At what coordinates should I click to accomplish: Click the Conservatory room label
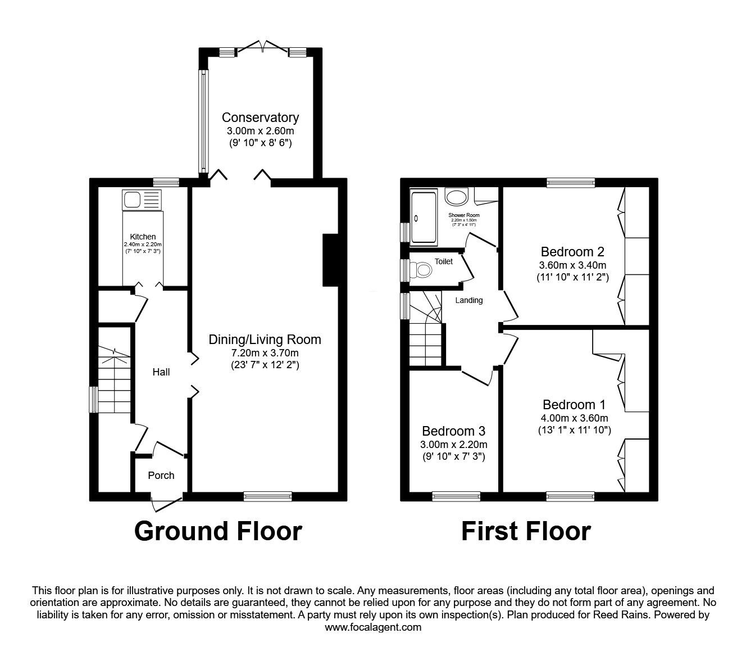tap(260, 117)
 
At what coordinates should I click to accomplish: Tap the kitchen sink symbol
tap(142, 200)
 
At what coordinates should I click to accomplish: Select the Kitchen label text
tap(143, 237)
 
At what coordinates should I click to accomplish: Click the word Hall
tap(161, 372)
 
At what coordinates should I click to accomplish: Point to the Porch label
tap(161, 476)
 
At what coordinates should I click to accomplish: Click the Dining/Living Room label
tap(265, 340)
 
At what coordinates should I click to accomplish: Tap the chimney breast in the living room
tap(330, 260)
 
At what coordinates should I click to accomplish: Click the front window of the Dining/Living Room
tap(268, 496)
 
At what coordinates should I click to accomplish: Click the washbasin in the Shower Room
tap(457, 197)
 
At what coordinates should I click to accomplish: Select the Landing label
tap(468, 300)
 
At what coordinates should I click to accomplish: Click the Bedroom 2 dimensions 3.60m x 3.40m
tap(572, 265)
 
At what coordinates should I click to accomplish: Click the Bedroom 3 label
tap(453, 431)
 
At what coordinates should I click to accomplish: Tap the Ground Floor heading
tap(218, 531)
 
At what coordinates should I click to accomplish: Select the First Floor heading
tap(526, 531)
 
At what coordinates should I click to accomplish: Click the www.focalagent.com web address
tap(373, 627)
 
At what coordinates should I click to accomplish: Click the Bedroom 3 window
tap(456, 496)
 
